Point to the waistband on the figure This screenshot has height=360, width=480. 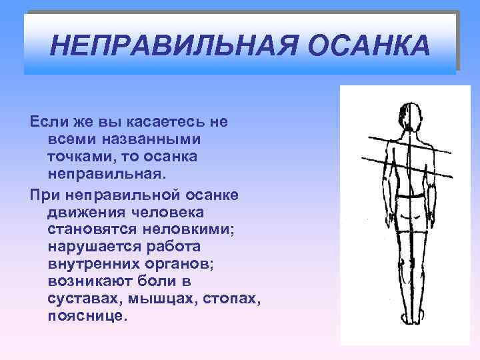(408, 197)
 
